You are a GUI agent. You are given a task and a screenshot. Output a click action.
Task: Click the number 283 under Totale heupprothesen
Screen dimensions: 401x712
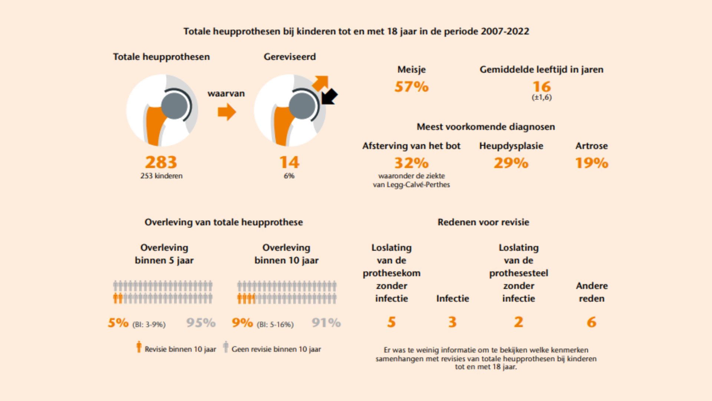click(161, 162)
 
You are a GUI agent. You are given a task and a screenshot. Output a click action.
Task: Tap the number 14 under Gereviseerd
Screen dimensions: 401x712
click(289, 162)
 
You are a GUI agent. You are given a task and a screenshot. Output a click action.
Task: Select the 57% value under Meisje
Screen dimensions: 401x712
click(411, 87)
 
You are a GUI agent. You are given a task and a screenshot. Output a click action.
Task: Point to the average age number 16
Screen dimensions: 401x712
click(542, 87)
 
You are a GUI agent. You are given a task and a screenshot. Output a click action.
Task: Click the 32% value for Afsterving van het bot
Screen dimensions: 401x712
click(411, 163)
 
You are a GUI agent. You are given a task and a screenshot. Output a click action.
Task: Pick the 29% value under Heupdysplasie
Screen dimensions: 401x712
click(511, 163)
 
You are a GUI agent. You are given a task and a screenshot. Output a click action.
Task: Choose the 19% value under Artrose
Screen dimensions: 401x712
click(591, 163)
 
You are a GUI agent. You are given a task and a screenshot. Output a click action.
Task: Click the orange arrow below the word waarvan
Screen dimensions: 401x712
click(227, 112)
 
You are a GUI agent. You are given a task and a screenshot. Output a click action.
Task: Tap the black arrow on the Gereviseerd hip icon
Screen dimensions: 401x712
click(329, 97)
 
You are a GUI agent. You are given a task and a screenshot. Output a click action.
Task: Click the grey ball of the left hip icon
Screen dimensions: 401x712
click(174, 106)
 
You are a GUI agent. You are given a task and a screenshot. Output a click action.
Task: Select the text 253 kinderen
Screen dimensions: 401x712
click(161, 176)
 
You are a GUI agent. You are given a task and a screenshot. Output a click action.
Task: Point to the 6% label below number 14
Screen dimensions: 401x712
click(289, 176)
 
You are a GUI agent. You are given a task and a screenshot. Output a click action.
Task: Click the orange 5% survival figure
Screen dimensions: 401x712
click(118, 323)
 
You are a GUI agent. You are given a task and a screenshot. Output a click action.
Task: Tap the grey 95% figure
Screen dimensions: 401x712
click(201, 323)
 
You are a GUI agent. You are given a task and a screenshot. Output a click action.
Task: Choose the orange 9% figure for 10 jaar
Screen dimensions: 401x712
click(243, 323)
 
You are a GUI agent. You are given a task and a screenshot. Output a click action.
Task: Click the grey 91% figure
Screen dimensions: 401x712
click(326, 323)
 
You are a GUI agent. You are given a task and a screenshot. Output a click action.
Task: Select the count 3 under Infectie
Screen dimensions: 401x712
click(452, 322)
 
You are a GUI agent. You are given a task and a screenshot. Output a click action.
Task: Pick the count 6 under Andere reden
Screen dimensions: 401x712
click(591, 322)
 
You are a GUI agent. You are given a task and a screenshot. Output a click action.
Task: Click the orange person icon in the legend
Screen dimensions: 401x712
click(139, 347)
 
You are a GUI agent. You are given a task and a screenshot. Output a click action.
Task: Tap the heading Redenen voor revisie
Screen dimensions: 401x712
click(483, 222)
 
